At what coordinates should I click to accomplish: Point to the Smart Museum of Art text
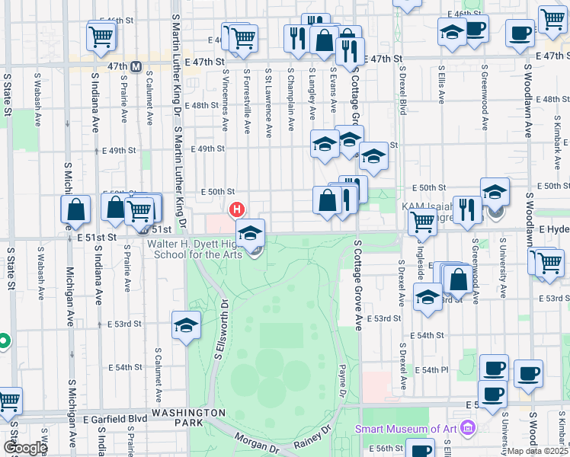[405, 429]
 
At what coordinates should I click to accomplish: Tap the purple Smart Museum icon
[466, 428]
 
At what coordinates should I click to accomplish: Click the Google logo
[24, 448]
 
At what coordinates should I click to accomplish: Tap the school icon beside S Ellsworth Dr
[187, 325]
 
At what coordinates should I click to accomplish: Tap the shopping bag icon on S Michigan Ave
[76, 209]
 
